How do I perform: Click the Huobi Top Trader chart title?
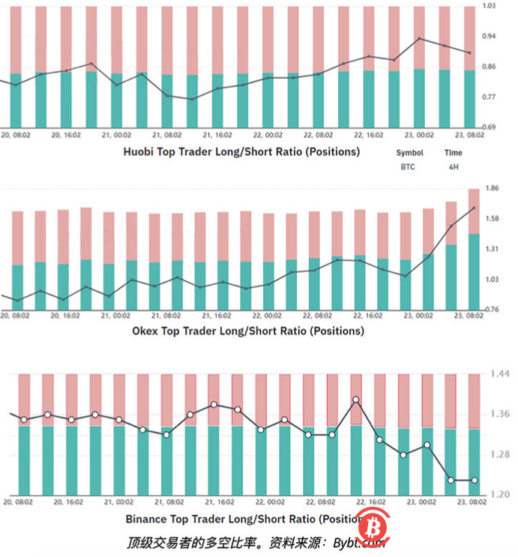241,151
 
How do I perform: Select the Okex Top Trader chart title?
247,330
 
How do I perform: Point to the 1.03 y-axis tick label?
489,6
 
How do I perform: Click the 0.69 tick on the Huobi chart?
489,127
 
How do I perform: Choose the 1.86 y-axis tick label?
493,188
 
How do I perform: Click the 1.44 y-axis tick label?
499,373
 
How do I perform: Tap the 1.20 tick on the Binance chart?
499,495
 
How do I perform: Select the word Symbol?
409,153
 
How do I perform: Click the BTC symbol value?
409,168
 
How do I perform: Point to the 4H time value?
453,168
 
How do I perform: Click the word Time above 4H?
453,153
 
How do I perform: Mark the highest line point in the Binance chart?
356,400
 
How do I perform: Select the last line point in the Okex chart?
474,208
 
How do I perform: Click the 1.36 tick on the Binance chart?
499,414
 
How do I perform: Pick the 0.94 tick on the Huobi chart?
489,36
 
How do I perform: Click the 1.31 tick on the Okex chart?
493,249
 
